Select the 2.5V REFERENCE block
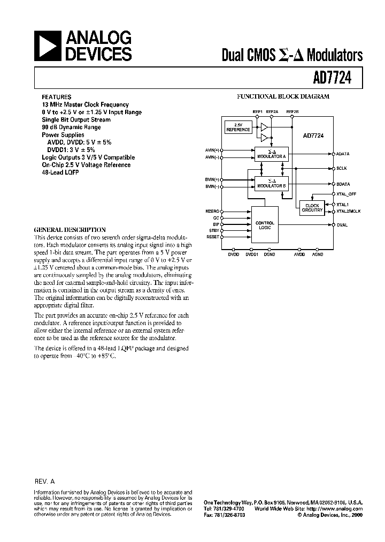pyautogui.click(x=238, y=127)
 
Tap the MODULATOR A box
pyautogui.click(x=271, y=154)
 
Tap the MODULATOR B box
pyautogui.click(x=271, y=183)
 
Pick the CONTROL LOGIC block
pyautogui.click(x=265, y=225)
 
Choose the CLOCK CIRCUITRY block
pyautogui.click(x=312, y=208)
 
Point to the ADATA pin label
pyautogui.click(x=343, y=154)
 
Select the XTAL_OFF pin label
pyautogui.click(x=346, y=194)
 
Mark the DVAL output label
pyautogui.click(x=342, y=225)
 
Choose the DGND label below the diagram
pyautogui.click(x=269, y=254)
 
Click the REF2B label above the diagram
pyautogui.click(x=292, y=111)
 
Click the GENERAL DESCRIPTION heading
pyautogui.click(x=70, y=229)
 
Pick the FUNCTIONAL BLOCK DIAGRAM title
pyautogui.click(x=283, y=97)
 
